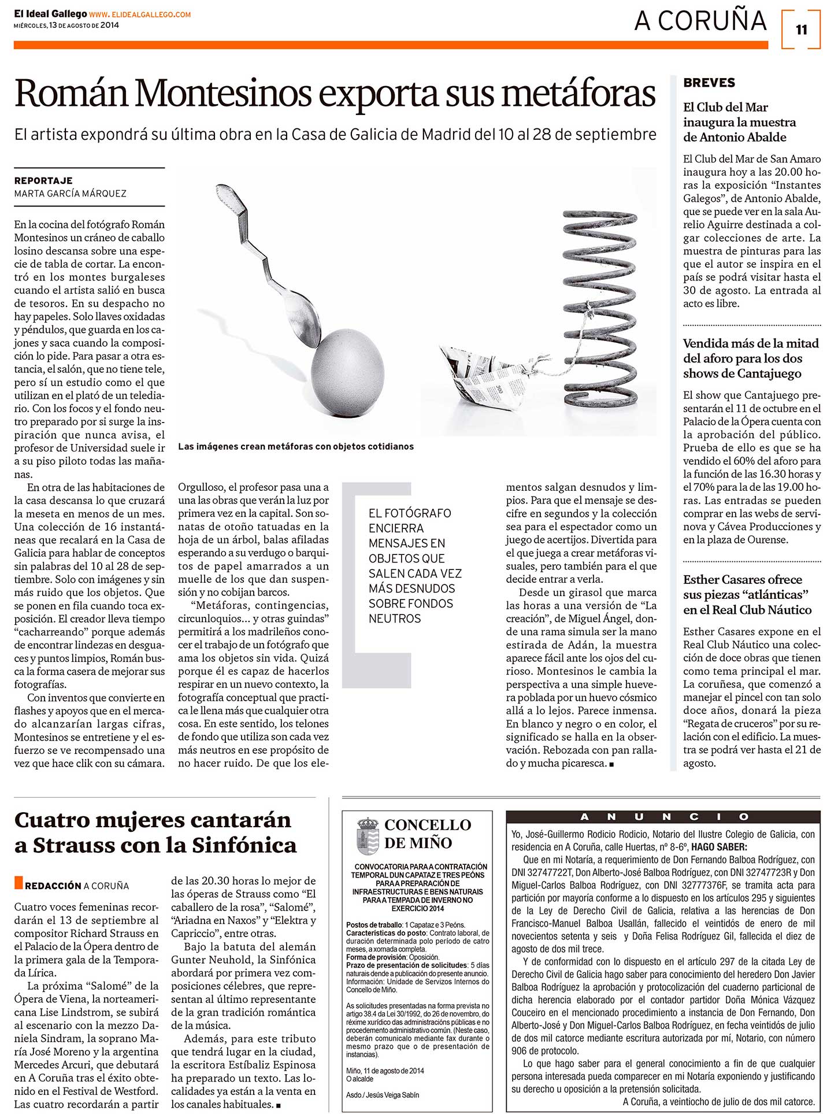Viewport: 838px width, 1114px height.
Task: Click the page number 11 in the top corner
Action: pyautogui.click(x=801, y=29)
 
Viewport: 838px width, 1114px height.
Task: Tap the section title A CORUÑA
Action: pyautogui.click(x=700, y=21)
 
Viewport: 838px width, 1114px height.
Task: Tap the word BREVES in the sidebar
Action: pyautogui.click(x=709, y=83)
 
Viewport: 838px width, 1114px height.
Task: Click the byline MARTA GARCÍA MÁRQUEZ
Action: pyautogui.click(x=70, y=194)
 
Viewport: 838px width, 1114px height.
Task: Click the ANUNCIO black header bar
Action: pyautogui.click(x=663, y=817)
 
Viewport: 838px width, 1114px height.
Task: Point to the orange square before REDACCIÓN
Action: pyautogui.click(x=18, y=883)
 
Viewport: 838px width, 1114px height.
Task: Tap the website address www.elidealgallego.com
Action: pyautogui.click(x=140, y=14)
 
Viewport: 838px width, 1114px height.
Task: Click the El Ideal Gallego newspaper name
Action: pyautogui.click(x=50, y=14)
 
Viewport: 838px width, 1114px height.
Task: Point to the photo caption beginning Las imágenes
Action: pyautogui.click(x=295, y=446)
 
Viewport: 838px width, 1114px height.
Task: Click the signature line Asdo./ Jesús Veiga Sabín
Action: pyautogui.click(x=383, y=1095)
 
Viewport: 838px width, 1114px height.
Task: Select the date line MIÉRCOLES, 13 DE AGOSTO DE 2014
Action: pyautogui.click(x=66, y=25)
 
